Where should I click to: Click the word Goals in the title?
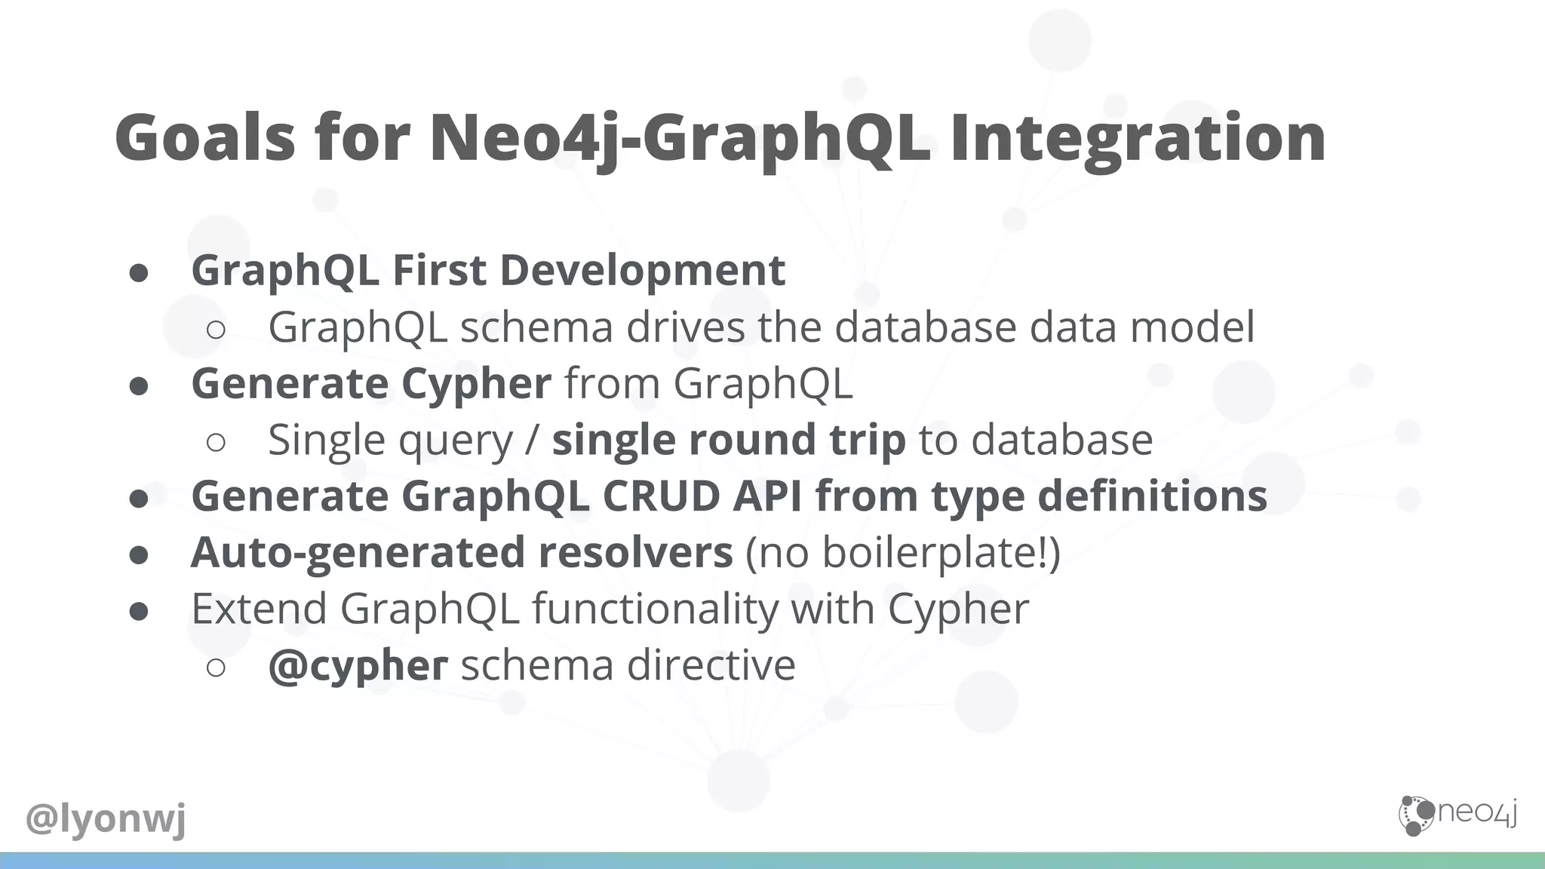(x=204, y=137)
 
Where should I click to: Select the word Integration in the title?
(x=1137, y=137)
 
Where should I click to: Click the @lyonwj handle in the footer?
(x=106, y=818)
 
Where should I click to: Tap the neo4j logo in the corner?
(x=1457, y=815)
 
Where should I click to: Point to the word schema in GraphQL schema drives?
(x=536, y=327)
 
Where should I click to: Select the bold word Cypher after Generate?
(x=476, y=383)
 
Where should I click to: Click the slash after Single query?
(x=532, y=440)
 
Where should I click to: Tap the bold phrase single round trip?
(x=728, y=440)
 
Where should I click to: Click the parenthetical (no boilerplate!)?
(x=902, y=552)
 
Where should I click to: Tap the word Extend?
(x=259, y=609)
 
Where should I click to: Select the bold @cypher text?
(x=358, y=665)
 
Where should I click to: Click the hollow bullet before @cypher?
(x=216, y=667)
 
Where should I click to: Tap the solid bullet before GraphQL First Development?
(x=139, y=273)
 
